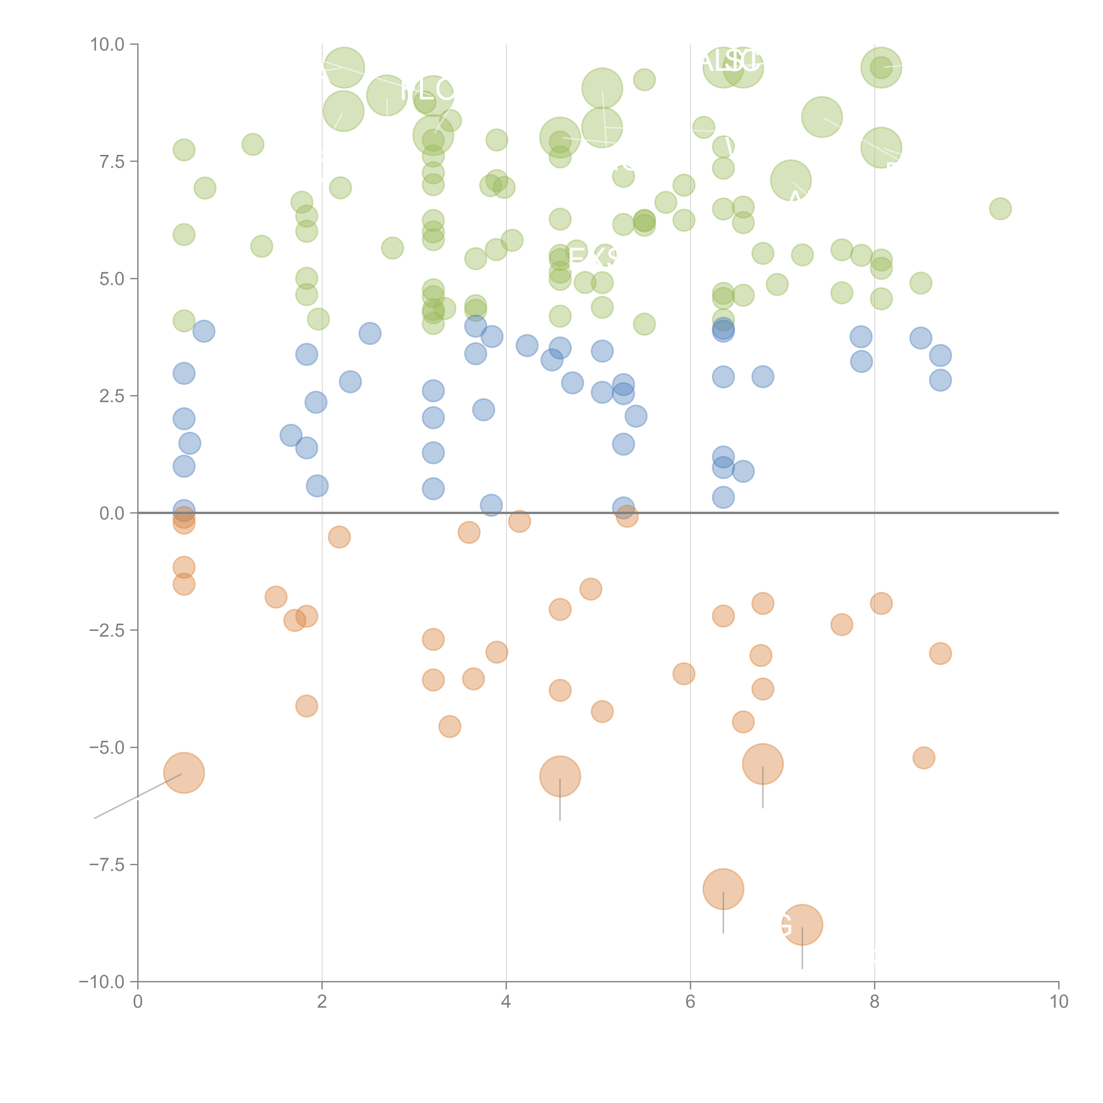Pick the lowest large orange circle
point(802,925)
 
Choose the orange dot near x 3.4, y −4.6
point(450,726)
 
